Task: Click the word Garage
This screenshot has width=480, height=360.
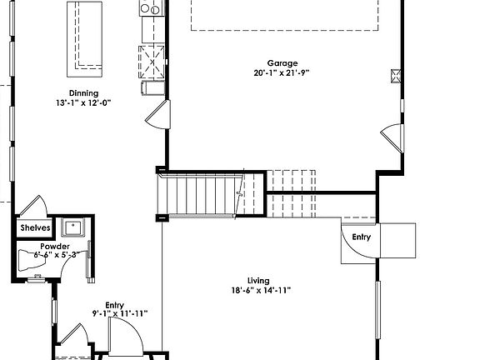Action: [x=282, y=63]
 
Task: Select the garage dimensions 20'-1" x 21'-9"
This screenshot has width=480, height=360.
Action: [x=282, y=72]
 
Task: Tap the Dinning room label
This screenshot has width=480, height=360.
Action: [x=83, y=93]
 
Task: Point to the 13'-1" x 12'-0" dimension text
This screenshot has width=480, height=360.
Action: [x=83, y=102]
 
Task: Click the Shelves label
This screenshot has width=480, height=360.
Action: [x=35, y=227]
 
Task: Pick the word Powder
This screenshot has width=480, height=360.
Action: [x=55, y=247]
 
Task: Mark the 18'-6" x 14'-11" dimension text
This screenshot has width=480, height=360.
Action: [x=261, y=291]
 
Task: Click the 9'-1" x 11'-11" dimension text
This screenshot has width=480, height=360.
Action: [x=119, y=314]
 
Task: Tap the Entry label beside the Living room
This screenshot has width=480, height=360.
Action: [x=360, y=237]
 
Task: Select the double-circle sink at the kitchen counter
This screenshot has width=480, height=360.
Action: [x=151, y=9]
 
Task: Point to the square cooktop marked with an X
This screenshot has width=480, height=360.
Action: [x=152, y=59]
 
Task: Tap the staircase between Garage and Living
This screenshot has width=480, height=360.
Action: [x=205, y=195]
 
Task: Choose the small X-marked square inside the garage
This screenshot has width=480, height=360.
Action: [x=396, y=77]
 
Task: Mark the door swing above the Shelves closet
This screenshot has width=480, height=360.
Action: [x=34, y=207]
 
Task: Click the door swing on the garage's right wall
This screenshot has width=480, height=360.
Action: [x=391, y=136]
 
